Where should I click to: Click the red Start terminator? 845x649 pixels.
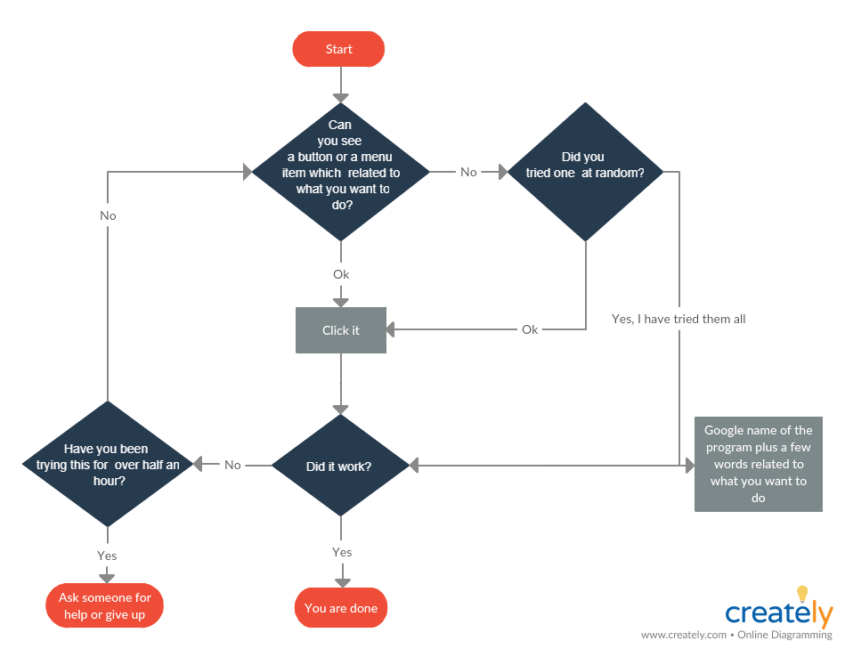pyautogui.click(x=338, y=50)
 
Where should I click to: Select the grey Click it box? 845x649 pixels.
pyautogui.click(x=341, y=330)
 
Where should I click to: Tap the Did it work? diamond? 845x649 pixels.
pyautogui.click(x=339, y=466)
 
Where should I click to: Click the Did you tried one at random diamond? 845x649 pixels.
pyautogui.click(x=585, y=172)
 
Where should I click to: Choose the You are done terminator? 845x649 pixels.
pyautogui.click(x=341, y=609)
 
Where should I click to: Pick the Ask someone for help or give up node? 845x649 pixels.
pyautogui.click(x=105, y=606)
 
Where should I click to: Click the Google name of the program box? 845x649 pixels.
pyautogui.click(x=758, y=465)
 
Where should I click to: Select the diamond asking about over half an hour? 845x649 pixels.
pyautogui.click(x=107, y=464)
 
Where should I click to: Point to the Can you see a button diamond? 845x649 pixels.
pyautogui.click(x=341, y=171)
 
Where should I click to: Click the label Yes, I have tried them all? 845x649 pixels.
pyautogui.click(x=678, y=319)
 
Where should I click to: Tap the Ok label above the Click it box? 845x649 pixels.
pyautogui.click(x=341, y=274)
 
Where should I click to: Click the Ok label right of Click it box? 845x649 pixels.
pyautogui.click(x=530, y=329)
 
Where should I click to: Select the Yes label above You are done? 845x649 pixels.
pyautogui.click(x=342, y=552)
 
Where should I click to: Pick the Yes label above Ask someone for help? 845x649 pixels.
pyautogui.click(x=107, y=556)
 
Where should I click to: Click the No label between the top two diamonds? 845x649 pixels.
pyautogui.click(x=468, y=172)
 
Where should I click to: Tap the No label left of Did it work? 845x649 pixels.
pyautogui.click(x=232, y=465)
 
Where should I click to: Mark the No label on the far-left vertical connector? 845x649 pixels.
pyautogui.click(x=108, y=215)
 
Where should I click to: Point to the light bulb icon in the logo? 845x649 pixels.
pyautogui.click(x=802, y=594)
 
